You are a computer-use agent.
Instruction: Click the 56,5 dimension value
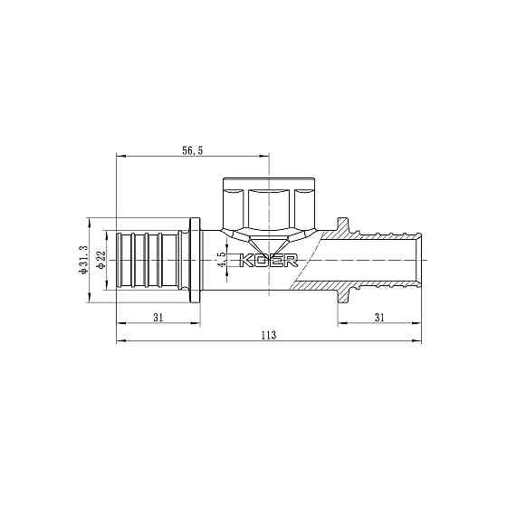(x=193, y=151)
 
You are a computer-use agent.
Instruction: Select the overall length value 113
(x=269, y=335)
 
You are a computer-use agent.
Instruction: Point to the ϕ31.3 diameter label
(x=82, y=260)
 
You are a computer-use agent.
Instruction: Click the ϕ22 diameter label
(x=101, y=260)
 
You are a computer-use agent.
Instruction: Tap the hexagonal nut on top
(x=269, y=205)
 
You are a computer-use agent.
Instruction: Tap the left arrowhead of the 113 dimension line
(x=120, y=341)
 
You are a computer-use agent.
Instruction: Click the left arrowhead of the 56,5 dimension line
(x=120, y=157)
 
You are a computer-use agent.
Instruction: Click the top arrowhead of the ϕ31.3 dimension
(x=90, y=220)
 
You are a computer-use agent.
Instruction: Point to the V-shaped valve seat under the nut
(x=269, y=248)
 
